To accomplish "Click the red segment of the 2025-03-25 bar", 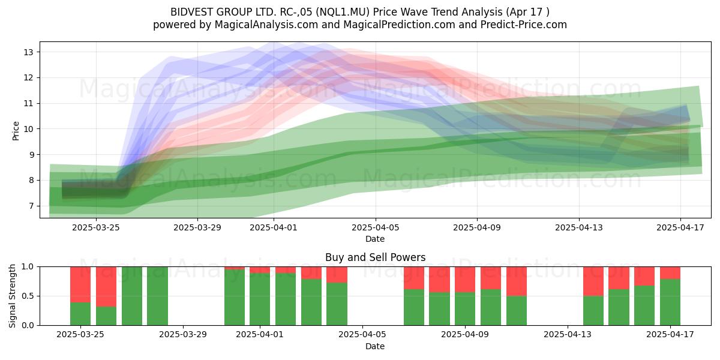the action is pyautogui.click(x=80, y=284).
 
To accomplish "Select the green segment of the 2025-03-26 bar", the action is pyautogui.click(x=106, y=316).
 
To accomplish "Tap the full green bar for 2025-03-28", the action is pyautogui.click(x=157, y=296).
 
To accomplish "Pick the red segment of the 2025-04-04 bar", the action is pyautogui.click(x=337, y=275).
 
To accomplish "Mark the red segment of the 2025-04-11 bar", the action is pyautogui.click(x=517, y=281).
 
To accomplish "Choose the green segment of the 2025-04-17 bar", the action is pyautogui.click(x=670, y=302).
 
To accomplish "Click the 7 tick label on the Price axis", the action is pyautogui.click(x=31, y=206).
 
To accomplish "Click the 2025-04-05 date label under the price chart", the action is pyautogui.click(x=376, y=227).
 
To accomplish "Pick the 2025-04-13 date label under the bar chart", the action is pyautogui.click(x=568, y=334).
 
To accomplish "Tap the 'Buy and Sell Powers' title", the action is pyautogui.click(x=376, y=257).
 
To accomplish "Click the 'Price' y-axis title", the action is pyautogui.click(x=16, y=131).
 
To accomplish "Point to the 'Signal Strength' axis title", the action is pyautogui.click(x=12, y=296).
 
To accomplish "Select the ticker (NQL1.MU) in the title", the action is pyautogui.click(x=343, y=12).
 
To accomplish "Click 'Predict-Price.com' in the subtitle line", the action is pyautogui.click(x=524, y=25).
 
